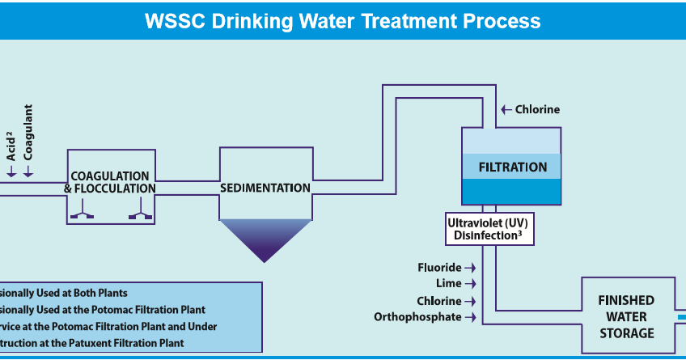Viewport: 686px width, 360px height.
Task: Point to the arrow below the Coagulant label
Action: pos(29,172)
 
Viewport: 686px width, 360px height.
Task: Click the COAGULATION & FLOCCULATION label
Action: pos(110,182)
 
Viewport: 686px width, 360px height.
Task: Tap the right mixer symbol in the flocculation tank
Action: pos(139,214)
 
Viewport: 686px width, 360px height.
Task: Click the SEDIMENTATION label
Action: pos(265,188)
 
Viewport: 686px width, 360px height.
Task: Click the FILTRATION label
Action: pos(512,167)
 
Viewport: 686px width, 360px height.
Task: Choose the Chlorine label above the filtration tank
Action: pos(537,109)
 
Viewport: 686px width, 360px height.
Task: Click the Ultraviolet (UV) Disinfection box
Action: pos(488,228)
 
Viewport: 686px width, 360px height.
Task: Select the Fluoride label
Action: pos(439,267)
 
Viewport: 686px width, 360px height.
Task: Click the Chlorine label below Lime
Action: pos(438,301)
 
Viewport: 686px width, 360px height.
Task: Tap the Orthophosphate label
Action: pos(417,317)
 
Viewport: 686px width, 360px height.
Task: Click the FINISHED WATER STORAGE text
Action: pos(626,316)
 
